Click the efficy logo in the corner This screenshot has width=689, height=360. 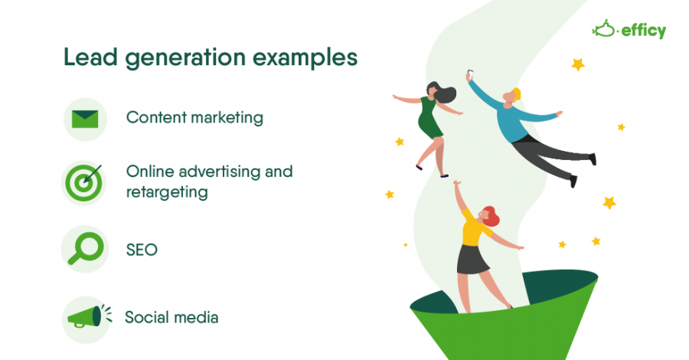pos(629,30)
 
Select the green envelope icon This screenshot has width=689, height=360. pos(85,119)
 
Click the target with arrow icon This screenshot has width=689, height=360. pos(85,182)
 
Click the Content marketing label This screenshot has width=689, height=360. pos(194,118)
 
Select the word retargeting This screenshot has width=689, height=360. pos(167,191)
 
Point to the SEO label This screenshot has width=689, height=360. pos(142,249)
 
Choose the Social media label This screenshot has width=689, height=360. pos(171,317)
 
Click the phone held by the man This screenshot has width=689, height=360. pos(469,75)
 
